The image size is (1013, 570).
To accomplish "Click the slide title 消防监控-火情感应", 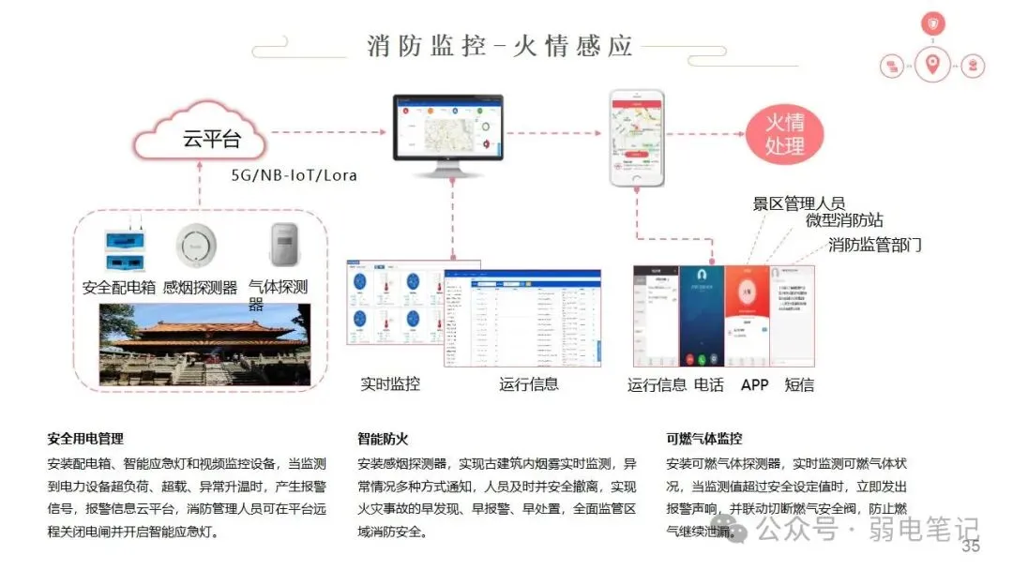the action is [500, 46].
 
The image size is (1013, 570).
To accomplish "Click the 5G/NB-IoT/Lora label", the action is [294, 175].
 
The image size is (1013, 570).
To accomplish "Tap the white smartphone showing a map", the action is [637, 138].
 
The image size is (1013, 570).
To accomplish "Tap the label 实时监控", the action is [390, 383].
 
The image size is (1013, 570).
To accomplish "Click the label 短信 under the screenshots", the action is [799, 384].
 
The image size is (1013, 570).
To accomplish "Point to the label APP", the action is [754, 384].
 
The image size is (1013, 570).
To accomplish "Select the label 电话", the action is [709, 384].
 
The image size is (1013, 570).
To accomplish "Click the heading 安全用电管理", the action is [85, 438].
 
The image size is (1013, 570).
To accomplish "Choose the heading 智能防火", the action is [383, 438].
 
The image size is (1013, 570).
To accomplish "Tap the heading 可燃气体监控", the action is [703, 438].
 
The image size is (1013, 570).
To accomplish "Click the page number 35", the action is [971, 547].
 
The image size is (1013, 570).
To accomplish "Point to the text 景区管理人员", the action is [799, 203].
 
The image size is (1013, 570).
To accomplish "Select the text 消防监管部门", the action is [874, 245].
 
